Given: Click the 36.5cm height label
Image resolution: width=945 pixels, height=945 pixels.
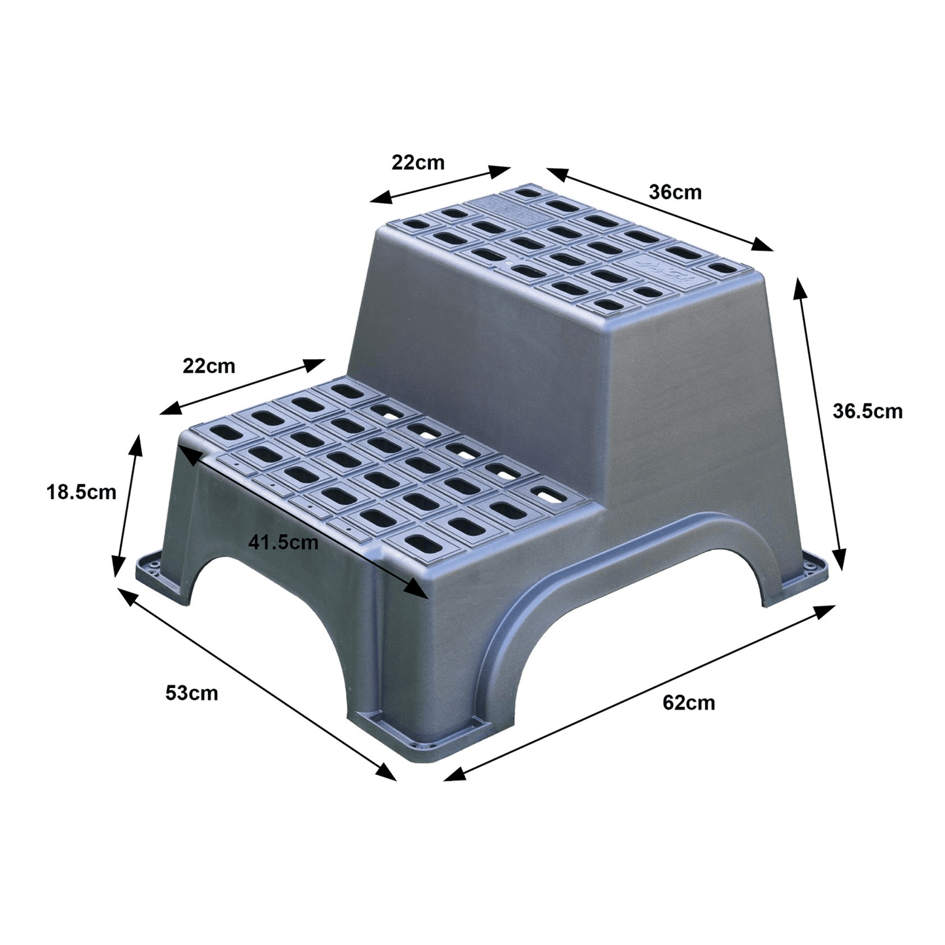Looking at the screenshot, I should (867, 411).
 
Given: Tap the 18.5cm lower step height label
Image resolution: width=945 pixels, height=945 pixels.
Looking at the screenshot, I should (81, 492).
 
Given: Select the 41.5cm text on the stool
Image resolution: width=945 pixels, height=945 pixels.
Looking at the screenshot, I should (283, 542).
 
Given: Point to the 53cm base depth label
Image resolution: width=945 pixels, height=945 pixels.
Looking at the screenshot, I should (192, 693).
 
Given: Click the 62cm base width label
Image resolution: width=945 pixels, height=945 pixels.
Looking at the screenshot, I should (689, 703).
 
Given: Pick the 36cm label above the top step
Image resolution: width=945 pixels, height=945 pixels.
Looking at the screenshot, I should (675, 192).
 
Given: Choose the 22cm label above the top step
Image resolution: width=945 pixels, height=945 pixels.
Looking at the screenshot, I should (418, 163).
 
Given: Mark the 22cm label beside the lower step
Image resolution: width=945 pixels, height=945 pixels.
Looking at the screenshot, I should (209, 366).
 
